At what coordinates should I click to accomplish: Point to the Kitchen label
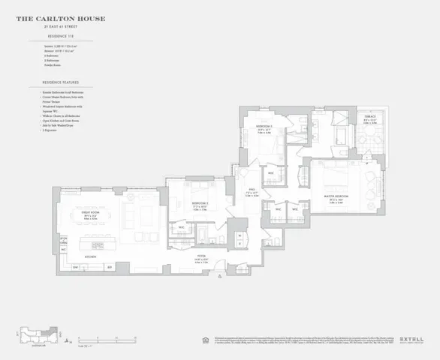coord(91,256)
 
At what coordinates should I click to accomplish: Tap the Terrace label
coord(370,118)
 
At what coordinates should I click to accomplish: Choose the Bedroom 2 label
coord(263,127)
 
